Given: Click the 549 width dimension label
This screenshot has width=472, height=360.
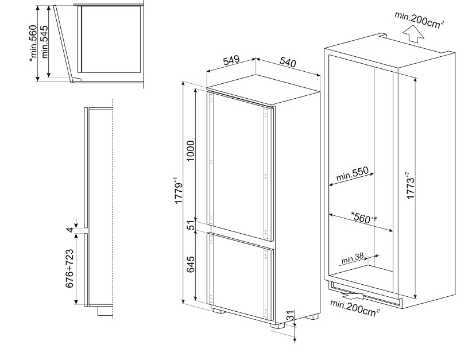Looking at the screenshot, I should point(231,61).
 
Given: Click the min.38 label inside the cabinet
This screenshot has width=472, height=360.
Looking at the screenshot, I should point(353,260).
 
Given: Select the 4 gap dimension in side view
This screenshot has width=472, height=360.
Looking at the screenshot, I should point(70,230).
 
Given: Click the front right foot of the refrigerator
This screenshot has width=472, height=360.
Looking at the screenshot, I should point(277,324).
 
